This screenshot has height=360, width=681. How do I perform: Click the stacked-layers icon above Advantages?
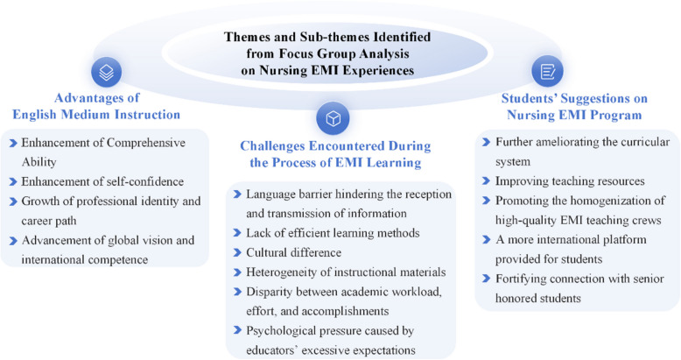tap(106, 71)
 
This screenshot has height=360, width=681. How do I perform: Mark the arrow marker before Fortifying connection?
tap(485, 279)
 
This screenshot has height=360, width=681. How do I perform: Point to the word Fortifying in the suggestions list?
tap(523, 279)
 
